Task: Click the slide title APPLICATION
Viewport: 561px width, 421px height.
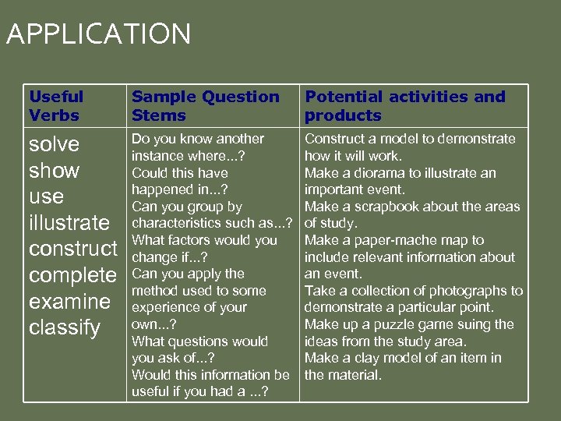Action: (x=97, y=34)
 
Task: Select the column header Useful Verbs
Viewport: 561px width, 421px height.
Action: (x=56, y=106)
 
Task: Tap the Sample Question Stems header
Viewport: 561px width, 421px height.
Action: (x=205, y=106)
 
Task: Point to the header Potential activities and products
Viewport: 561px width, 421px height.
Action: (x=404, y=106)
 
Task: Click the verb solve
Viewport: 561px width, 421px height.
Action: (x=54, y=144)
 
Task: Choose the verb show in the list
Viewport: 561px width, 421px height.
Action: (x=54, y=170)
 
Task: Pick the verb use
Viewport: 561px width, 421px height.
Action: (x=46, y=196)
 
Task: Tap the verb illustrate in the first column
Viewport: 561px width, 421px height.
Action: (x=69, y=223)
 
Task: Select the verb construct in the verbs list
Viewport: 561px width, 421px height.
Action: (x=72, y=249)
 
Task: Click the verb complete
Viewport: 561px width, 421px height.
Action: (x=72, y=275)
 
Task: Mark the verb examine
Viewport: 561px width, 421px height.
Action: (x=69, y=302)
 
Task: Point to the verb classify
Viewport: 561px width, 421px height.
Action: (x=65, y=327)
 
